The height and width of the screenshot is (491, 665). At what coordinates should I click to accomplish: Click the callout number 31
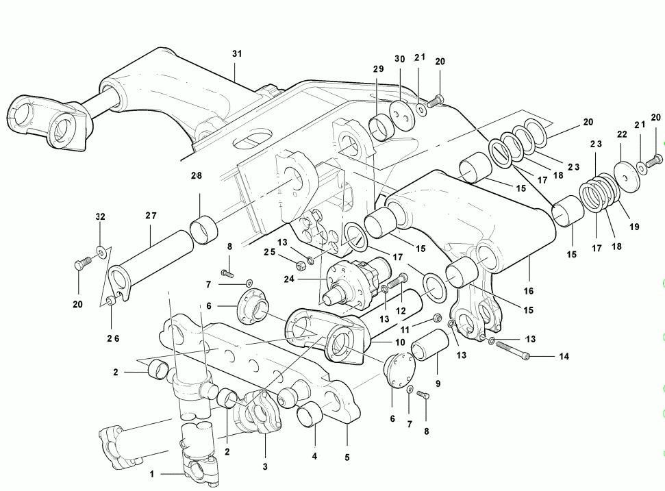pos(237,54)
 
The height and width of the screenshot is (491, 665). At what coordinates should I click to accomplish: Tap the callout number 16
pos(529,291)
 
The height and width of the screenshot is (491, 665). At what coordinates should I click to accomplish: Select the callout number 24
pos(289,279)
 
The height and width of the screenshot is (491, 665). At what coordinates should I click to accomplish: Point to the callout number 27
pos(151,216)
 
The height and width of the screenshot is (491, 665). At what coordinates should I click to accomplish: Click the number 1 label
pos(152,474)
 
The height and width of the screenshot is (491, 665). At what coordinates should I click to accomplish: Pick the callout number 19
pos(634,227)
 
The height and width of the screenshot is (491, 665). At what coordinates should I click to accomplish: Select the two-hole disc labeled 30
pos(401,114)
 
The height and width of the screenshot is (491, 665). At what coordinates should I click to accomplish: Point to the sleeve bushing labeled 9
pos(430,345)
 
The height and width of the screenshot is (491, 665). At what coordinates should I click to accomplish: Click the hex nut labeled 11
pos(436,318)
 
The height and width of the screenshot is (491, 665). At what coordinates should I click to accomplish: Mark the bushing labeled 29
pos(382,127)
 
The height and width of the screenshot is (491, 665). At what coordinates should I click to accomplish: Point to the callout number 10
pos(400,342)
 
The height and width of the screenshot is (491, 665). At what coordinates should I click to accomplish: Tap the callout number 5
pos(347,457)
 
